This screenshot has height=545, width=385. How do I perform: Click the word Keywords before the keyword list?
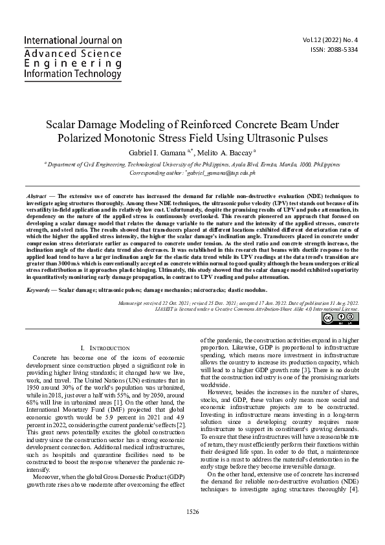(x=38, y=290)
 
